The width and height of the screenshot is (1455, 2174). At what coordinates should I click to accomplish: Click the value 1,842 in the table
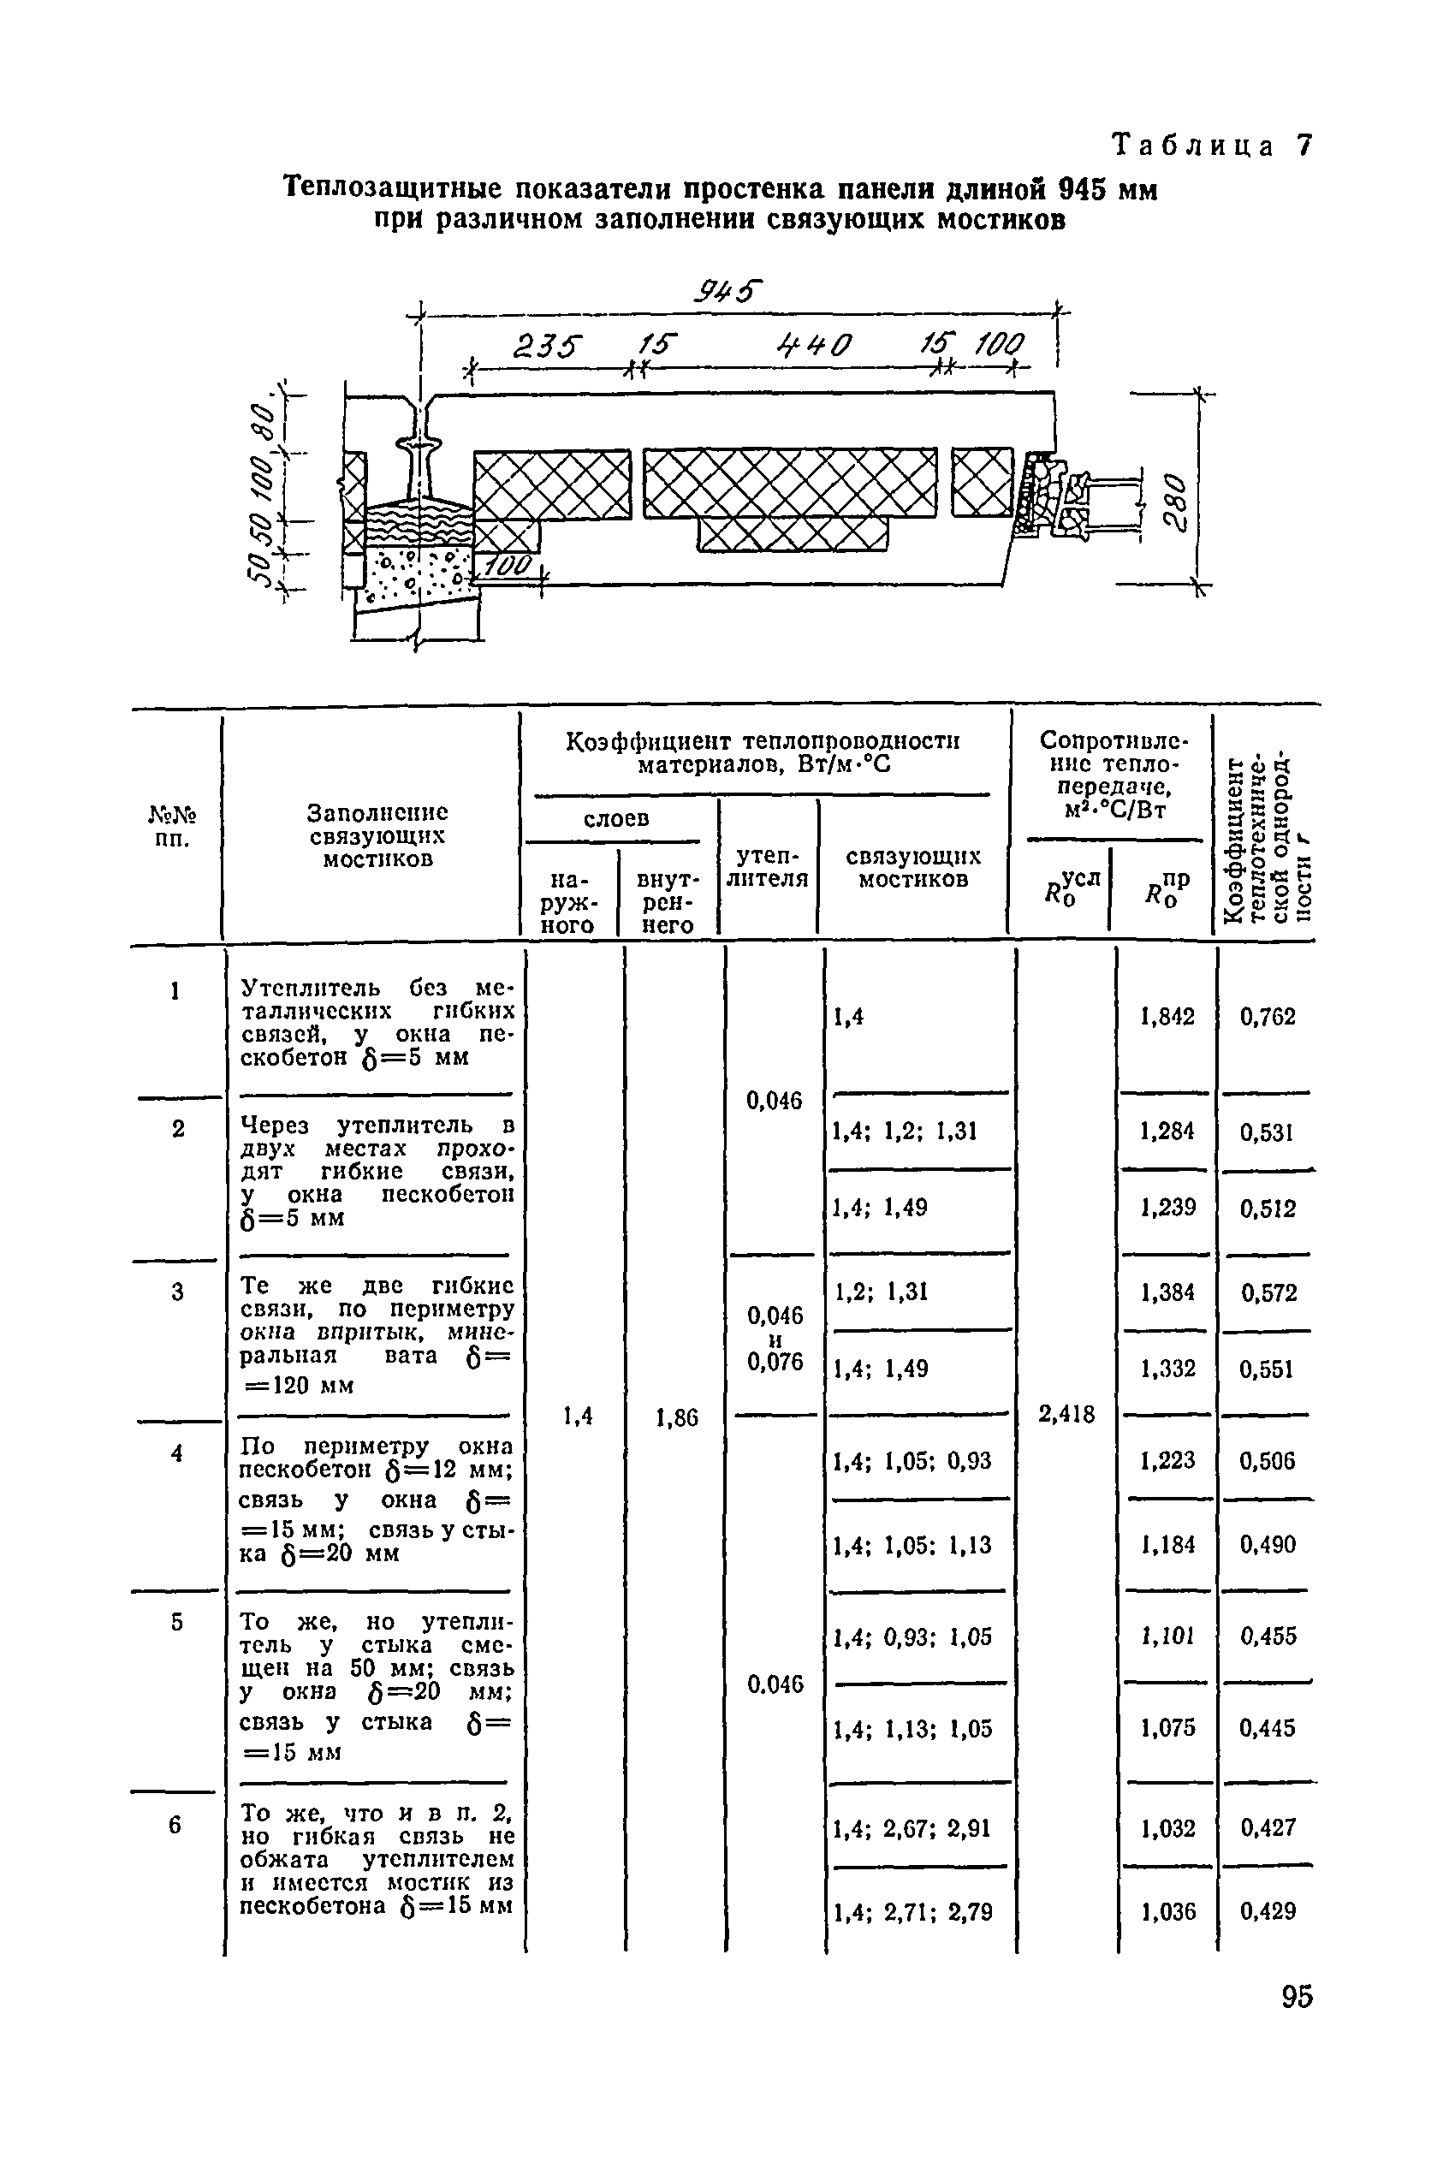pyautogui.click(x=1167, y=1017)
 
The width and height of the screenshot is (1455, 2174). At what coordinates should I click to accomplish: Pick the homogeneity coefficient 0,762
pyautogui.click(x=1267, y=1017)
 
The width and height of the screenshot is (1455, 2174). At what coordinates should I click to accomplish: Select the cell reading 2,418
pyautogui.click(x=1066, y=1414)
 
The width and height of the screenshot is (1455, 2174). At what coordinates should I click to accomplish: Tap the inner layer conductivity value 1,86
pyautogui.click(x=675, y=1417)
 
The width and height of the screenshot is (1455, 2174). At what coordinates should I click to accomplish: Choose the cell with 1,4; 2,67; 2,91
pyautogui.click(x=912, y=1828)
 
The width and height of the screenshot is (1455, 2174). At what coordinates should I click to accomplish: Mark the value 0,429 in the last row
pyautogui.click(x=1267, y=1910)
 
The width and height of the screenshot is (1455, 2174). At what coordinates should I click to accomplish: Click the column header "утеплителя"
pyautogui.click(x=768, y=867)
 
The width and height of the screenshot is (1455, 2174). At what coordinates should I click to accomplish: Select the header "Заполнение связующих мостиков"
pyautogui.click(x=377, y=835)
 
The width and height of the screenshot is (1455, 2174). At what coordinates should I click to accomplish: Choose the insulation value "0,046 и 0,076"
pyautogui.click(x=774, y=1339)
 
